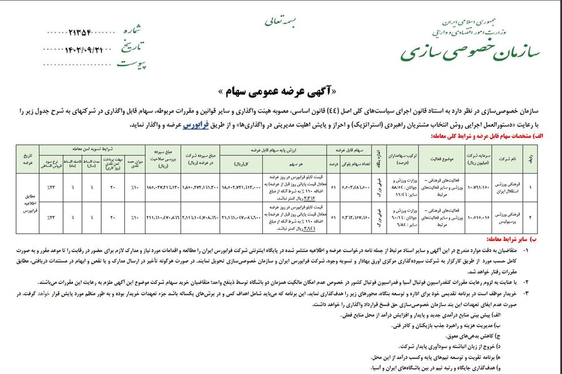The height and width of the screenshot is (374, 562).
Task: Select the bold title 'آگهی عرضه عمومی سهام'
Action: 282,87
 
